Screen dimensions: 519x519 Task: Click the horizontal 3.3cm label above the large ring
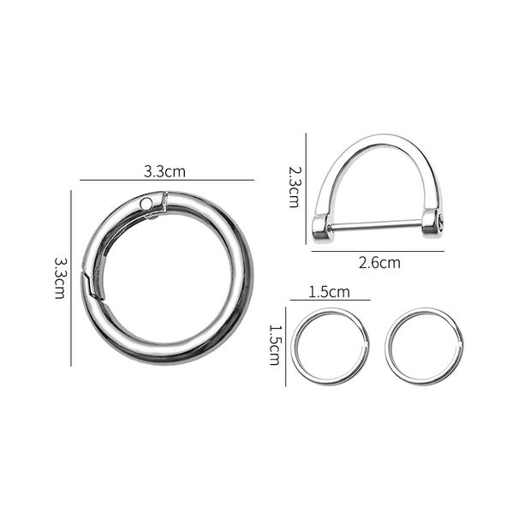164,171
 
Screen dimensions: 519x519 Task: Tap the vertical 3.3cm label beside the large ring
60,277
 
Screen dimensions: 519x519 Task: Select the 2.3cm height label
293,187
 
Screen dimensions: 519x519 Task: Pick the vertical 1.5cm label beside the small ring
276,344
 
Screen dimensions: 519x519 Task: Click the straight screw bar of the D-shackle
377,225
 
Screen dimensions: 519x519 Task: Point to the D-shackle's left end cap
321,227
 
